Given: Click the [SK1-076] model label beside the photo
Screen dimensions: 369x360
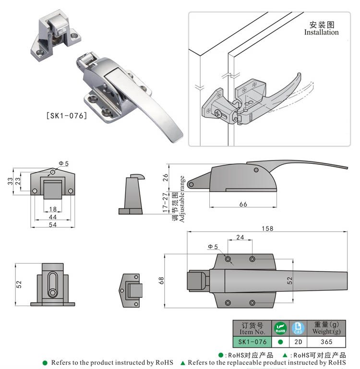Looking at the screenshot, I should click(66, 115).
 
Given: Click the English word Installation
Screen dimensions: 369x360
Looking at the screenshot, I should click(321, 32).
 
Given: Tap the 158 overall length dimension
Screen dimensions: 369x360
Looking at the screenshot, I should click(268, 228).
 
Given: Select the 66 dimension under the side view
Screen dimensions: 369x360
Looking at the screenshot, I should click(243, 204).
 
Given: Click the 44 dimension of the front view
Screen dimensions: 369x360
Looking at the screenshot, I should click(53, 217).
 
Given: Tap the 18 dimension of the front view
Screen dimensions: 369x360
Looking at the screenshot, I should click(53, 209).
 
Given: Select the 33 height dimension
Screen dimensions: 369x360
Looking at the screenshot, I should click(9, 181).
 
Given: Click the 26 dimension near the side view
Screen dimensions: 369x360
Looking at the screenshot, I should click(166, 177).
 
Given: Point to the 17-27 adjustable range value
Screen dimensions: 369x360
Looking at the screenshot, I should click(166, 203).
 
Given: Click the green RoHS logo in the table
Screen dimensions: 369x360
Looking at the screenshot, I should click(280, 328).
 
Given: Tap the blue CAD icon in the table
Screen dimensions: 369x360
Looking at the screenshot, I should click(298, 328).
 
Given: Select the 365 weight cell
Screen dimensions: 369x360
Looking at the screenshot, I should click(326, 342).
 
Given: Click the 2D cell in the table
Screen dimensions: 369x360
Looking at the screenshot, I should click(298, 342).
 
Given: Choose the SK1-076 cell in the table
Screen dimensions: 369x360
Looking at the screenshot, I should click(252, 342).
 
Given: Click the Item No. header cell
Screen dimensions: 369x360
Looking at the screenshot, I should click(252, 328).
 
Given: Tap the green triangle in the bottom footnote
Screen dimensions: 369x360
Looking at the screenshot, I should click(183, 362).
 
